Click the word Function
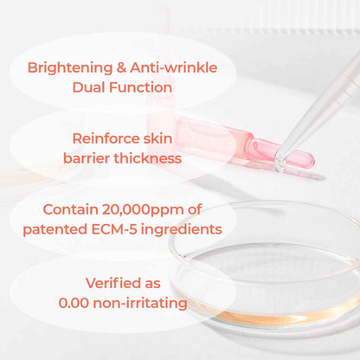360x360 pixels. coord(144,87)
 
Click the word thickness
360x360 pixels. coord(149,158)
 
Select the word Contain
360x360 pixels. coord(77,210)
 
